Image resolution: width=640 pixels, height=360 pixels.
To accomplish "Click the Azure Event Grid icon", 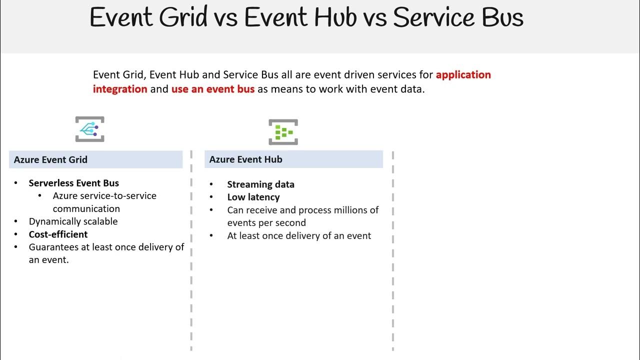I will pyautogui.click(x=90, y=129).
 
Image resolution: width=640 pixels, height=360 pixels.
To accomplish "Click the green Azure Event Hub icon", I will pyautogui.click(x=283, y=132).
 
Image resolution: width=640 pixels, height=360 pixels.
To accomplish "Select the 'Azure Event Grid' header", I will pyautogui.click(x=50, y=159).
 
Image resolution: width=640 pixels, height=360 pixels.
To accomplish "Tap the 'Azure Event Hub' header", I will pyautogui.click(x=245, y=159).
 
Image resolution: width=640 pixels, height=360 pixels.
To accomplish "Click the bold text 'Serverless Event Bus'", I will pyautogui.click(x=73, y=183).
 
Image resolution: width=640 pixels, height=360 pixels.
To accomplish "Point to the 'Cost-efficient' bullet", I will pyautogui.click(x=58, y=234).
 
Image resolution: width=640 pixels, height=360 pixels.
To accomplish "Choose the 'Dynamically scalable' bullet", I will pyautogui.click(x=73, y=221).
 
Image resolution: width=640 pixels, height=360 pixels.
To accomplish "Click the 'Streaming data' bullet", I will pyautogui.click(x=260, y=184).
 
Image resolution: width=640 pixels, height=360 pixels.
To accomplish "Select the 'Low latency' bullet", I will pyautogui.click(x=253, y=197).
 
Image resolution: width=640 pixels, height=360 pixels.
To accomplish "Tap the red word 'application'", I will pyautogui.click(x=463, y=74).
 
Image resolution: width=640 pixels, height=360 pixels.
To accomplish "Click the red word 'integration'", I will pyautogui.click(x=120, y=89).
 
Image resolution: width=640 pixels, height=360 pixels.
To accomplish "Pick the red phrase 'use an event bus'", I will pyautogui.click(x=213, y=89).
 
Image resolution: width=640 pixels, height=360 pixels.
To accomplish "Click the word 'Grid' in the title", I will pyautogui.click(x=183, y=17).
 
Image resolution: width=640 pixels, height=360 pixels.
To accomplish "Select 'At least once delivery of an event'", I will pyautogui.click(x=299, y=235).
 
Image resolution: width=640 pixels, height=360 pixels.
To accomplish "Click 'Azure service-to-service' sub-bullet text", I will pyautogui.click(x=104, y=196).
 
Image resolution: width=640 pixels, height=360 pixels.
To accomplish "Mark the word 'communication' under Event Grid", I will pyautogui.click(x=86, y=208).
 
